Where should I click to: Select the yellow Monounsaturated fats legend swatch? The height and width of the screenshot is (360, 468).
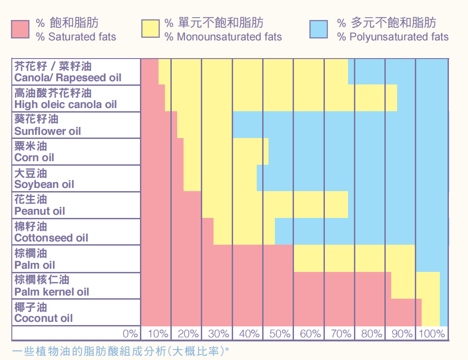(150, 29)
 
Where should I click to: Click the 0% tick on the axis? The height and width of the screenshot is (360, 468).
(130, 334)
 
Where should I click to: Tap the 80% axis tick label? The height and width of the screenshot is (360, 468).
(372, 334)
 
